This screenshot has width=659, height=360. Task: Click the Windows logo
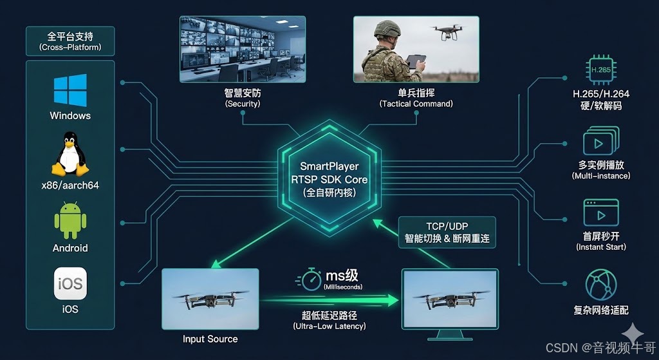70,90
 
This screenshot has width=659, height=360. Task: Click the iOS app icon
70,283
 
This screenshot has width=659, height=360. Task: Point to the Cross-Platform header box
70,41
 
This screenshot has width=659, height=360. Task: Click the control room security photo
243,49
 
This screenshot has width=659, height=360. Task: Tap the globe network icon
601,284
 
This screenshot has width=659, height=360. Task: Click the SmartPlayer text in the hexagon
329,166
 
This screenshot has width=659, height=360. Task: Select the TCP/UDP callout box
447,232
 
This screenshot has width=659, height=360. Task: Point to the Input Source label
210,339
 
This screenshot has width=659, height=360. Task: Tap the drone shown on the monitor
448,300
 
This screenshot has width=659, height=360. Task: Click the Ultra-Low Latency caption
329,327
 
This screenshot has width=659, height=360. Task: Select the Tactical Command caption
416,104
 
